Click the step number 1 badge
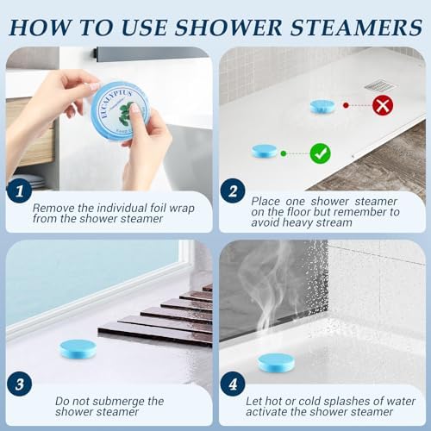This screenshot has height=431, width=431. tap(19, 192)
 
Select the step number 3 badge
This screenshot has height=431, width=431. tap(19, 384)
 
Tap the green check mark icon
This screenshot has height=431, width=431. tap(322, 154)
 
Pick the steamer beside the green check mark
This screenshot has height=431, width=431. tap(265, 151)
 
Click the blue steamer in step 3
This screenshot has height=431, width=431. tap(78, 347)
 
